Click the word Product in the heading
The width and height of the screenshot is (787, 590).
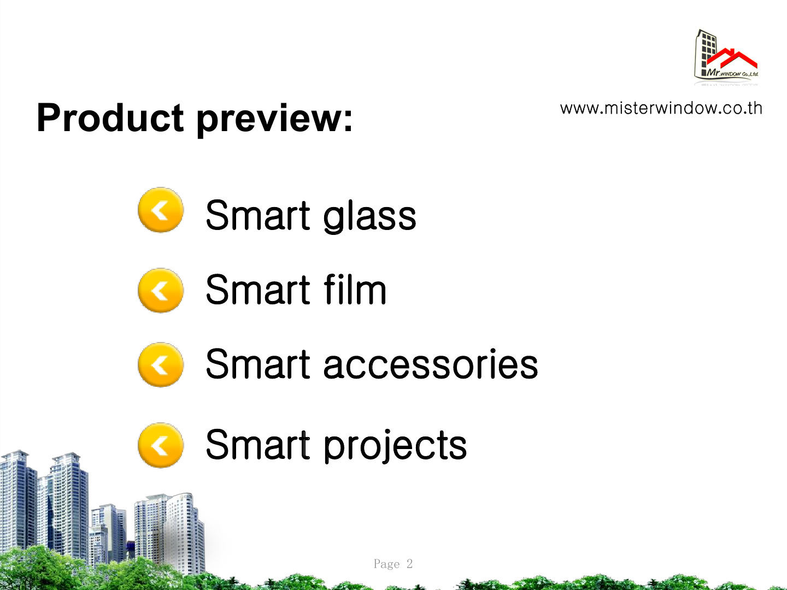(x=110, y=117)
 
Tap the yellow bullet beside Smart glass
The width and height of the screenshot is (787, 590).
(x=161, y=210)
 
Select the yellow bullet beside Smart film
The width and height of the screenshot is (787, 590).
(x=161, y=291)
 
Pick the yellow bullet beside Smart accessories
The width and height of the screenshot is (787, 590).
(x=161, y=365)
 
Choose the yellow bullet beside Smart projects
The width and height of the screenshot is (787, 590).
(x=161, y=445)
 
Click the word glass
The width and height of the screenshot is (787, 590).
(x=369, y=217)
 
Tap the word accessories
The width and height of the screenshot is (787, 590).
(x=431, y=364)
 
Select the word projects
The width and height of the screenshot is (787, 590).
(x=395, y=446)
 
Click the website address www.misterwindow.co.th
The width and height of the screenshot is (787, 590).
(x=661, y=109)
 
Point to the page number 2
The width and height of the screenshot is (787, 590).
(x=409, y=563)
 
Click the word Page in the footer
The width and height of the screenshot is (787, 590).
(x=386, y=564)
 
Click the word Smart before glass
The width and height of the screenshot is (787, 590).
(x=258, y=215)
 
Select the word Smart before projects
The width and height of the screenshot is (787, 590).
(x=258, y=444)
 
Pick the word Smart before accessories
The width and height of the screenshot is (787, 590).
(x=258, y=364)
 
